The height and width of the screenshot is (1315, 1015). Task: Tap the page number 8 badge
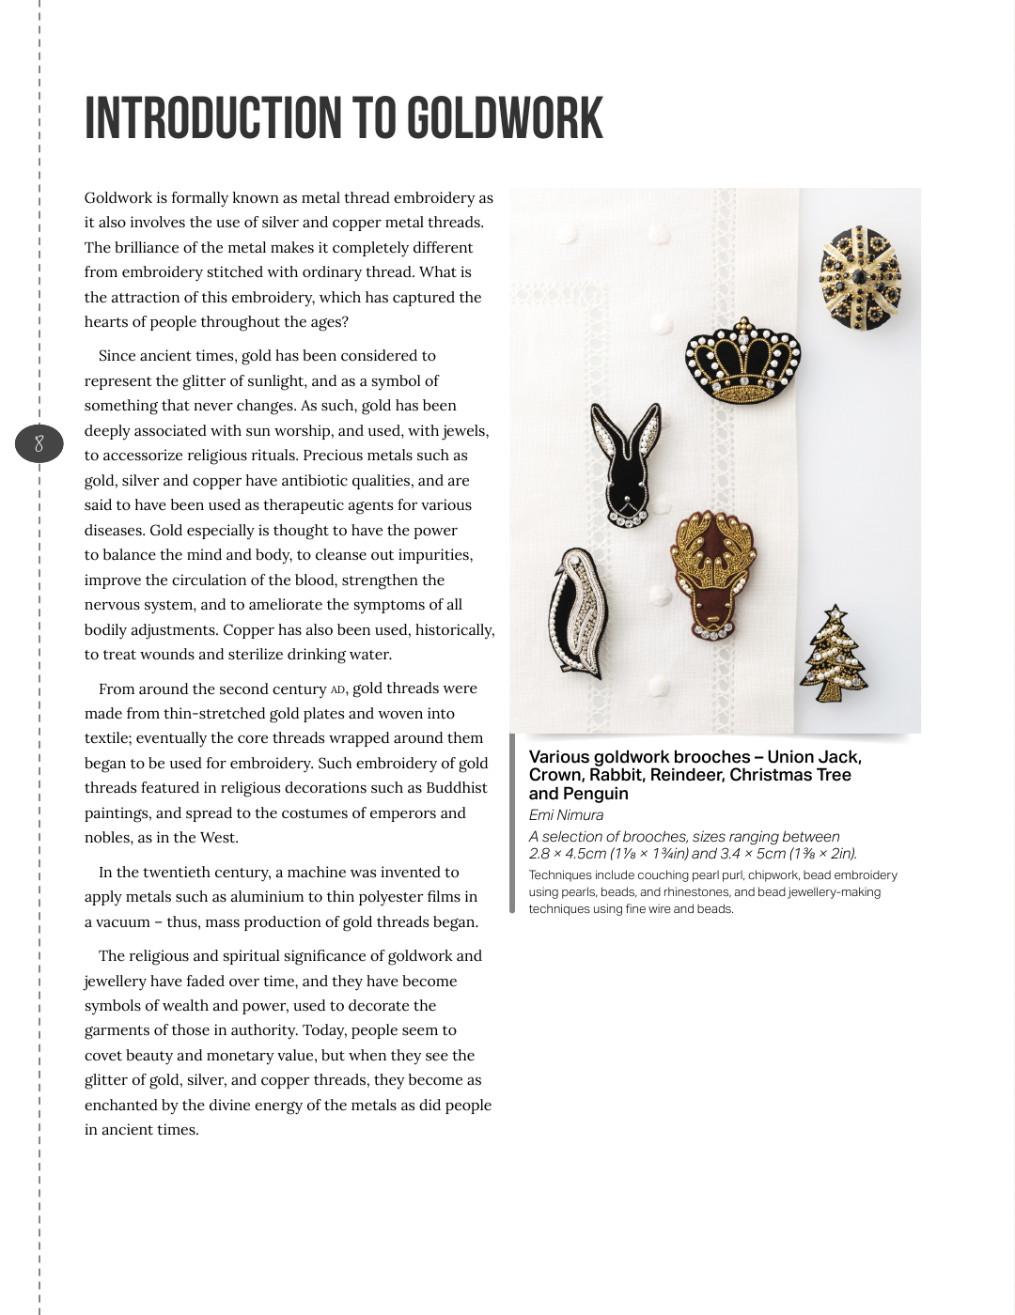click(39, 443)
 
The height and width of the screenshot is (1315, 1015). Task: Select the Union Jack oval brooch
click(860, 278)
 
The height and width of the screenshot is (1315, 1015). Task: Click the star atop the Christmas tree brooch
click(835, 613)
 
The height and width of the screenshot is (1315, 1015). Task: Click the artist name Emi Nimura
click(566, 815)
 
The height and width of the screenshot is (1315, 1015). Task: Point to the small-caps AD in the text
click(338, 690)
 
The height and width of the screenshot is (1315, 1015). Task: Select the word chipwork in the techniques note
click(773, 875)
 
